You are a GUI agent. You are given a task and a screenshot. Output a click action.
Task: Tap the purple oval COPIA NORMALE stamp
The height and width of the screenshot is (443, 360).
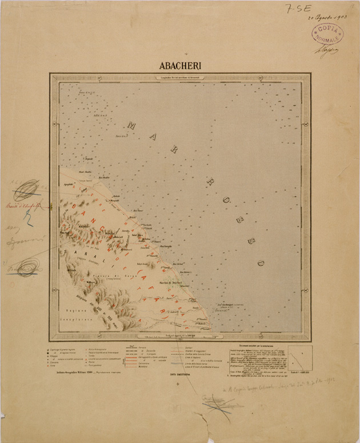click(x=327, y=34)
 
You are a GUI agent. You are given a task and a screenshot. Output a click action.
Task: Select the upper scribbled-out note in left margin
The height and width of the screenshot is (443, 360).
click(x=26, y=187)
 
